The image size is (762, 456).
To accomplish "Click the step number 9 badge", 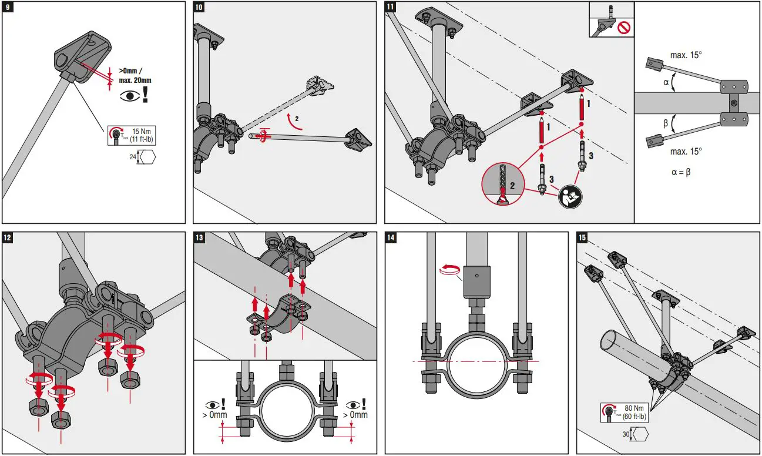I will tap(7, 7).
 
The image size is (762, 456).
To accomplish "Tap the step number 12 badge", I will tap(7, 237).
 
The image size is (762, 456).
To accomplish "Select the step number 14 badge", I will tap(391, 237).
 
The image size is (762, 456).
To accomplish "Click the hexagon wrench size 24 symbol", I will tap(148, 157).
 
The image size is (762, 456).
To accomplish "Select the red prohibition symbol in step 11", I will tap(622, 27).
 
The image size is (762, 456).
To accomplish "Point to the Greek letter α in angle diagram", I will tap(666, 83).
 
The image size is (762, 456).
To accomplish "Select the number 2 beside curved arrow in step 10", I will tap(297, 118).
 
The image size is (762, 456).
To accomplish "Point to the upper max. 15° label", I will tap(686, 55).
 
